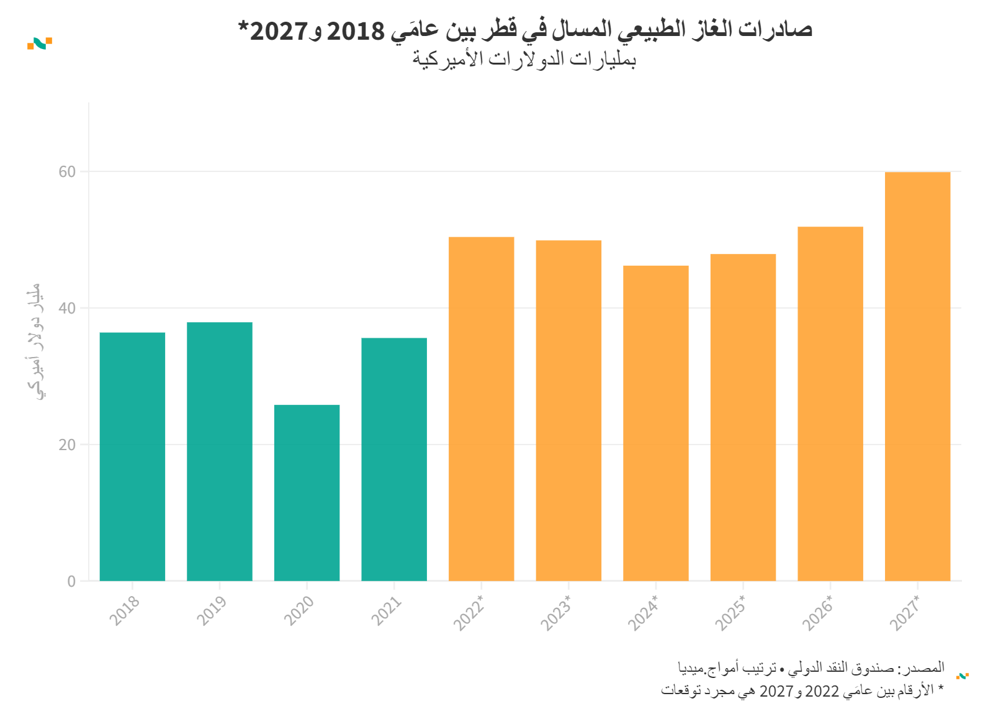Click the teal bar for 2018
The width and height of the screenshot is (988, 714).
tap(132, 456)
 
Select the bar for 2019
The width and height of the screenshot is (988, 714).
tap(220, 451)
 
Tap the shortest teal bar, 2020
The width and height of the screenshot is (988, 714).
tap(307, 492)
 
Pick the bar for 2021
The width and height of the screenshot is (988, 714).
tap(394, 459)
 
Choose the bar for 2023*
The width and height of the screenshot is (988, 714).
tap(568, 410)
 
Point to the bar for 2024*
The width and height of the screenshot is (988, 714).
tap(656, 423)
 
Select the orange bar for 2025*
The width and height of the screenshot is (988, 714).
tap(743, 417)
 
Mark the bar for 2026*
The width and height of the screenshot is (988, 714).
tap(830, 404)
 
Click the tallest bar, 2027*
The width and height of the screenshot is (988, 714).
tap(917, 376)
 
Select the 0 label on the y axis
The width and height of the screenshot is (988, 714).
tap(71, 582)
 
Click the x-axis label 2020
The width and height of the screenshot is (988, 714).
tap(299, 610)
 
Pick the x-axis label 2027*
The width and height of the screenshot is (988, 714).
tap(905, 613)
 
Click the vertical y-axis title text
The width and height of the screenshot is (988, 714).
tap(35, 341)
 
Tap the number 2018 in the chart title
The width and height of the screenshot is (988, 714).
tap(356, 30)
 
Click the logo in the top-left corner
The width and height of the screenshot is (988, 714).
tap(40, 43)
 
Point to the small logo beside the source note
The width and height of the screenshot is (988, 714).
tap(963, 676)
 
